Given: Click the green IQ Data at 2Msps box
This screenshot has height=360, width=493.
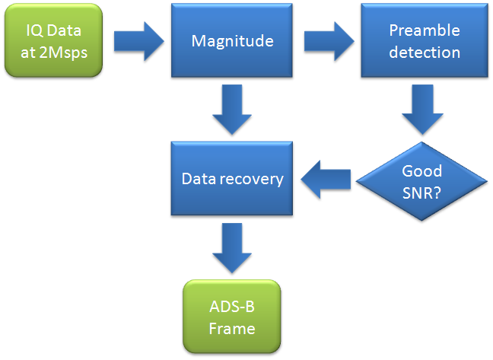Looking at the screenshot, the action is click(x=53, y=40).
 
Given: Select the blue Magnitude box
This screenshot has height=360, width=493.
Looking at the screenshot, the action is click(x=232, y=40).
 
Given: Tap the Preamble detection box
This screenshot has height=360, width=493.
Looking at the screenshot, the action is click(x=424, y=40).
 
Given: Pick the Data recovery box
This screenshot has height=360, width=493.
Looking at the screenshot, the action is click(x=232, y=178).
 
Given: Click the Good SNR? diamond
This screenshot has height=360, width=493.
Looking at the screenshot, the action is click(x=421, y=181).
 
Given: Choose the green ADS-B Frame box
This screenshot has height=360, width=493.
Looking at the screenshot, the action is click(x=232, y=317).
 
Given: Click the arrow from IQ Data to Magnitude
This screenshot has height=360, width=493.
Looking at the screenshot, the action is click(x=138, y=41).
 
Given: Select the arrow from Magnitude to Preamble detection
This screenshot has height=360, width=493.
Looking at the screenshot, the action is click(x=329, y=41).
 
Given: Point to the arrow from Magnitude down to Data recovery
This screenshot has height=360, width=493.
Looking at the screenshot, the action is click(x=232, y=110).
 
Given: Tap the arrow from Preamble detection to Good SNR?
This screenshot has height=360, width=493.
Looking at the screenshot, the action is click(x=422, y=110).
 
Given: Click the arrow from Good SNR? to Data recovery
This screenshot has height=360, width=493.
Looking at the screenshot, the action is click(x=326, y=180).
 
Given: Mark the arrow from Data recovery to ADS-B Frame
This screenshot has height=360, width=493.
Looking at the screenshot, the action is click(x=232, y=248).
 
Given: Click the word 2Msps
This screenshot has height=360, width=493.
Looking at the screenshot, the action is click(x=63, y=53).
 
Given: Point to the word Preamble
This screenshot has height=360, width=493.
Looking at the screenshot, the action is click(x=425, y=30).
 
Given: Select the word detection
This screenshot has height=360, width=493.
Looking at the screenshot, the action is click(x=425, y=53).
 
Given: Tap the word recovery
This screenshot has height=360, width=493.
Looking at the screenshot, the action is click(x=252, y=179).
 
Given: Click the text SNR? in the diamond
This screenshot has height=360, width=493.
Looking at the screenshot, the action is click(x=421, y=193).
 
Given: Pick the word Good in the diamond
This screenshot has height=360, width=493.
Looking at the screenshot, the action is click(x=422, y=171).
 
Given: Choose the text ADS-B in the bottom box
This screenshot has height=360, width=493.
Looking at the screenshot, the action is click(x=232, y=307).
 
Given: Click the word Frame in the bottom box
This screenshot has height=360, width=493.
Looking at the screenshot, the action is click(x=232, y=329).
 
